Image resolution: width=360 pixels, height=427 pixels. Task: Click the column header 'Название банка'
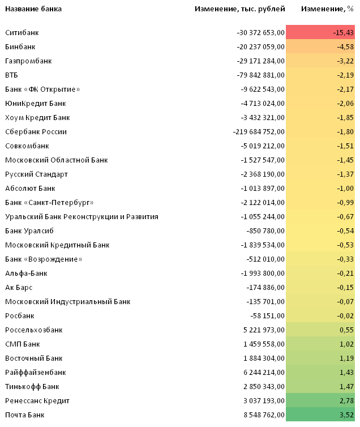33,9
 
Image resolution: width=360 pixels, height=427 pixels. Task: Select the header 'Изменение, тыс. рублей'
240,9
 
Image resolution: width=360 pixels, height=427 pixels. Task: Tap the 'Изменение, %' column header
327,9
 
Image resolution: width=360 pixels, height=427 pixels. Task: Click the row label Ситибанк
22,33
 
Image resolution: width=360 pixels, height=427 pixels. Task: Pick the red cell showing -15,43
320,32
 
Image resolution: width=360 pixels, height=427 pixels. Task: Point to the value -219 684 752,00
259,132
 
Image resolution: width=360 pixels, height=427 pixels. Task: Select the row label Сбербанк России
36,132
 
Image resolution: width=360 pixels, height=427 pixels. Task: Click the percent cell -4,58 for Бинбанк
320,46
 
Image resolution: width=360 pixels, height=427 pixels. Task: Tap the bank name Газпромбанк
28,61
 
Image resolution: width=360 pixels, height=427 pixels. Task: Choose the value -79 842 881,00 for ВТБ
260,75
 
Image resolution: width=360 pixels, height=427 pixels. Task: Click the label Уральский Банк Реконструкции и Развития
82,217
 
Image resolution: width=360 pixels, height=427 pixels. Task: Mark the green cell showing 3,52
320,415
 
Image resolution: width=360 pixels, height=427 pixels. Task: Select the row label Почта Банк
25,415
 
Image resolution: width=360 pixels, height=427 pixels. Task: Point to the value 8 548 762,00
264,415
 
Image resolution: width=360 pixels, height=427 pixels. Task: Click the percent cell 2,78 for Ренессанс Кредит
320,400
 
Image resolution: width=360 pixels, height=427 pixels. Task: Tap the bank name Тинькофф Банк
32,387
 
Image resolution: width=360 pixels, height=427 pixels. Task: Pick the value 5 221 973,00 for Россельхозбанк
264,330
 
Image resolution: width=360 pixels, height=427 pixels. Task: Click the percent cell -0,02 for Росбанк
320,315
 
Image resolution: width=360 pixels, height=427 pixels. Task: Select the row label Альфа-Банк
26,274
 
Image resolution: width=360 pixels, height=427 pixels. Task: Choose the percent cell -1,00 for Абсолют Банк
320,188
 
